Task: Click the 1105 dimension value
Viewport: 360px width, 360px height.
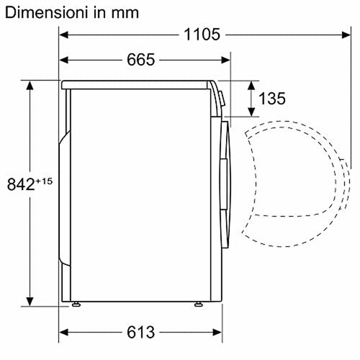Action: (x=202, y=35)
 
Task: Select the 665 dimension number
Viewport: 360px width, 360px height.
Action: (x=140, y=60)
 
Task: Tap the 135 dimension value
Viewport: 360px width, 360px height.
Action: (x=272, y=99)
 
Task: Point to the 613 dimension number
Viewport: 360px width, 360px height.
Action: (x=140, y=333)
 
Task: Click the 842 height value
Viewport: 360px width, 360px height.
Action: (x=21, y=184)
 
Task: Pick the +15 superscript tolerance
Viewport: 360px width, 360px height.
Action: (x=44, y=181)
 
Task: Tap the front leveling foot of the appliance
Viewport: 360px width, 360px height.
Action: (x=199, y=305)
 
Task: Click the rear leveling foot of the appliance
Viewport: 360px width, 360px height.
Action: (x=76, y=305)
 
